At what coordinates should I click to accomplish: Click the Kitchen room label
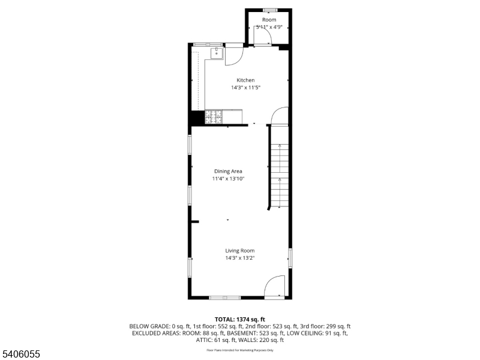[245, 80]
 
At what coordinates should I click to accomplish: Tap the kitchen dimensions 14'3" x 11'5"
[245, 88]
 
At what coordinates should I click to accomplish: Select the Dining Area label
[228, 171]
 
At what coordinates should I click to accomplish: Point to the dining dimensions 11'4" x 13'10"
[228, 179]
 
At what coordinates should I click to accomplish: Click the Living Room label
[240, 251]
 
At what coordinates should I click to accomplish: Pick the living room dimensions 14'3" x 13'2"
[240, 258]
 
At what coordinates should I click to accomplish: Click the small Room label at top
[269, 20]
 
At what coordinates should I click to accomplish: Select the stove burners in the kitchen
[214, 117]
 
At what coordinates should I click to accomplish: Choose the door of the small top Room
[262, 38]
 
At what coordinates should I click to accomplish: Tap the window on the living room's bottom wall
[225, 298]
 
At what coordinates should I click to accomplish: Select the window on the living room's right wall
[290, 258]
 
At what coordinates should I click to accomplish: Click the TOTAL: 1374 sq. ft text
[240, 319]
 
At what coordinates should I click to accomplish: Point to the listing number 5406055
[20, 355]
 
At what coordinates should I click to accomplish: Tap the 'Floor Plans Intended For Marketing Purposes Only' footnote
[240, 350]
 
